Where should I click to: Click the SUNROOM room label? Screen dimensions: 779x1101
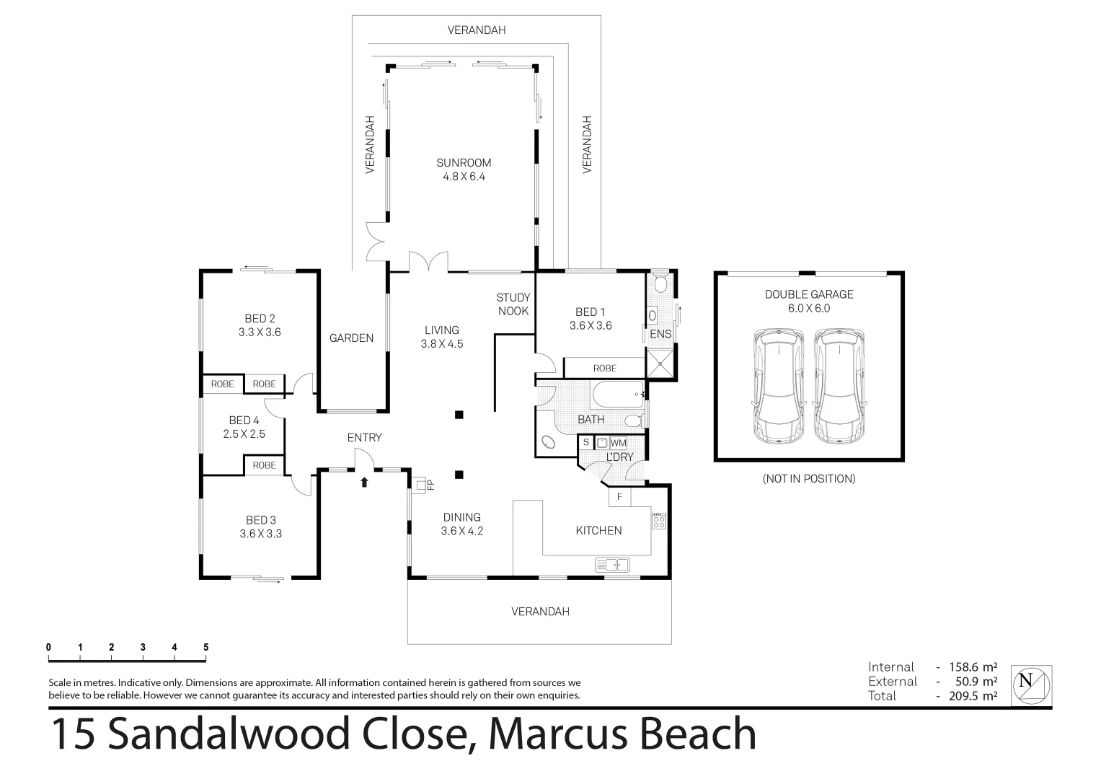(463, 163)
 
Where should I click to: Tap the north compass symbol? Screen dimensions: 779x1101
(1032, 685)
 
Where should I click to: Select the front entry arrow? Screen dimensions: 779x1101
(364, 481)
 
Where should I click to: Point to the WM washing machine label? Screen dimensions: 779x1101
(619, 443)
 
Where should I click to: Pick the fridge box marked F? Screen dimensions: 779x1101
(619, 497)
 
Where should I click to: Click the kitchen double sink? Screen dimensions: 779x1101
(613, 564)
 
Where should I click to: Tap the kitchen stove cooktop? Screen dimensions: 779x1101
(659, 521)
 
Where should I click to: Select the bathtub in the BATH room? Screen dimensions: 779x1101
(617, 395)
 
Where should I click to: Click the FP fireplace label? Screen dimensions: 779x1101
(430, 485)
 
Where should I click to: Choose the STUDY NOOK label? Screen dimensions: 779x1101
(513, 304)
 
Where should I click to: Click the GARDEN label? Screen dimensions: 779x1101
(352, 338)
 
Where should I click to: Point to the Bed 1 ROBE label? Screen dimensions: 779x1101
(605, 368)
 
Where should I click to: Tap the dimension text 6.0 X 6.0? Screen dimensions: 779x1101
(809, 308)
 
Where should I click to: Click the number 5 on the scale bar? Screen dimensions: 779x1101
(206, 647)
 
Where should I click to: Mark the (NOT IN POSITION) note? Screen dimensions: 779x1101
(809, 478)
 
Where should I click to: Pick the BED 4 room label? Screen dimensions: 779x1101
(244, 421)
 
